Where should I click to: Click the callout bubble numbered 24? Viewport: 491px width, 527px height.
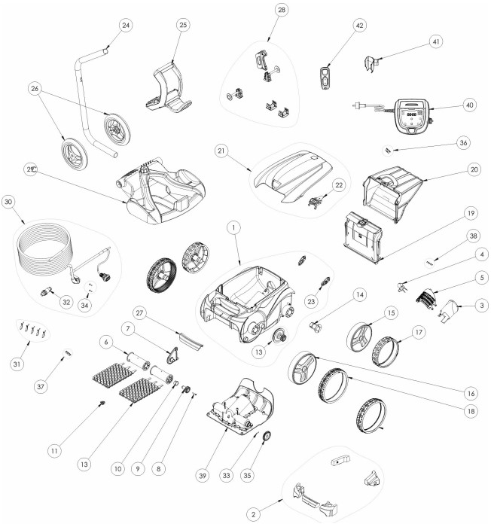tap(126, 25)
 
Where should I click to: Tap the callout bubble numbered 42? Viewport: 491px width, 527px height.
tap(359, 26)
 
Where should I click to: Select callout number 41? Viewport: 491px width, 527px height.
tap(436, 41)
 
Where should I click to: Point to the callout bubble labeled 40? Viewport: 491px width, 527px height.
tap(469, 105)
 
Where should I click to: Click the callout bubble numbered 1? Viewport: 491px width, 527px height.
tap(233, 228)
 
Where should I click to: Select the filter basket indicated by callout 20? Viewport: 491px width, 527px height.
tap(392, 194)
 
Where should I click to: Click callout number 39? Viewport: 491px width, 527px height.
tap(203, 476)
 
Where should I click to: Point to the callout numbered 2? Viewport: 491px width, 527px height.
tap(253, 514)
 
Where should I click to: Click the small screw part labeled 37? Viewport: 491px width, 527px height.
tap(67, 353)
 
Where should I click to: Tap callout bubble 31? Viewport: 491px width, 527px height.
tap(17, 364)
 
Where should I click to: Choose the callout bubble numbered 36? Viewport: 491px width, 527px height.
tap(463, 142)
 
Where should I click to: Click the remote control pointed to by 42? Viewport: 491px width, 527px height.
tap(325, 78)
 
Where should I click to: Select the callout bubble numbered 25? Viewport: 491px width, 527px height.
tap(183, 25)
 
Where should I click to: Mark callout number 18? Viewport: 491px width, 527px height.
tap(471, 411)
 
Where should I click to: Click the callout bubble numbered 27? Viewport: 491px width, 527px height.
tap(139, 313)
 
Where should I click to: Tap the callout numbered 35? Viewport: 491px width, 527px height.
tap(247, 476)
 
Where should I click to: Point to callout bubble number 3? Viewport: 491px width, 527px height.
tap(481, 305)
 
